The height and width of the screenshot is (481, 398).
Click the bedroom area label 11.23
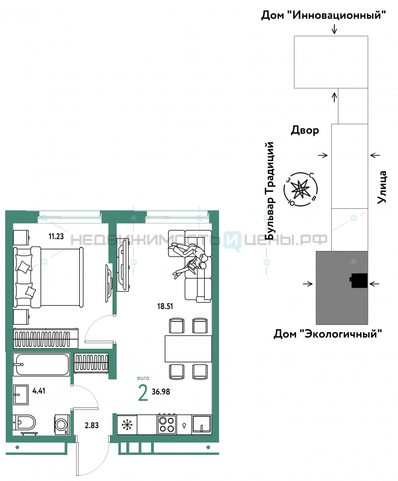(56, 236)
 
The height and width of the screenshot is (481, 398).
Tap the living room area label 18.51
(165, 306)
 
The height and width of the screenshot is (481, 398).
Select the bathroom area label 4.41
(39, 391)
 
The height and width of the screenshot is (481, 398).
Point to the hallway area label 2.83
(92, 425)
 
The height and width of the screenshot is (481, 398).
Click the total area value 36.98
(161, 392)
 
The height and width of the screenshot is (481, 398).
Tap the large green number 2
(143, 393)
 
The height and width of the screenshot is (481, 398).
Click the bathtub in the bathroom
(41, 365)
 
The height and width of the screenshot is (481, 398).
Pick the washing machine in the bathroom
(62, 425)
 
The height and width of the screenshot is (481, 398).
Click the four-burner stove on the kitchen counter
(167, 424)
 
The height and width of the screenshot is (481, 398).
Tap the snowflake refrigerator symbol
(127, 425)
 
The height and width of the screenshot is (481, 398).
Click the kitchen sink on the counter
(201, 424)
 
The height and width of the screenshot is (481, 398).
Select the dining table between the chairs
(188, 349)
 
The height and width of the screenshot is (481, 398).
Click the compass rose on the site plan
(300, 189)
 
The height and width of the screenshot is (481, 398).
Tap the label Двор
(305, 130)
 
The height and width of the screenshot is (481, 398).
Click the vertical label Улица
(382, 188)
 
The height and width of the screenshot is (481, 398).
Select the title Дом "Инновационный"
(323, 14)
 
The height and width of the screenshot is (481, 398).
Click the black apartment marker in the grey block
(359, 281)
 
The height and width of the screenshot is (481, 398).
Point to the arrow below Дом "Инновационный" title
(334, 29)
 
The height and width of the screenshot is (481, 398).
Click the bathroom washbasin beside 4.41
(21, 395)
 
